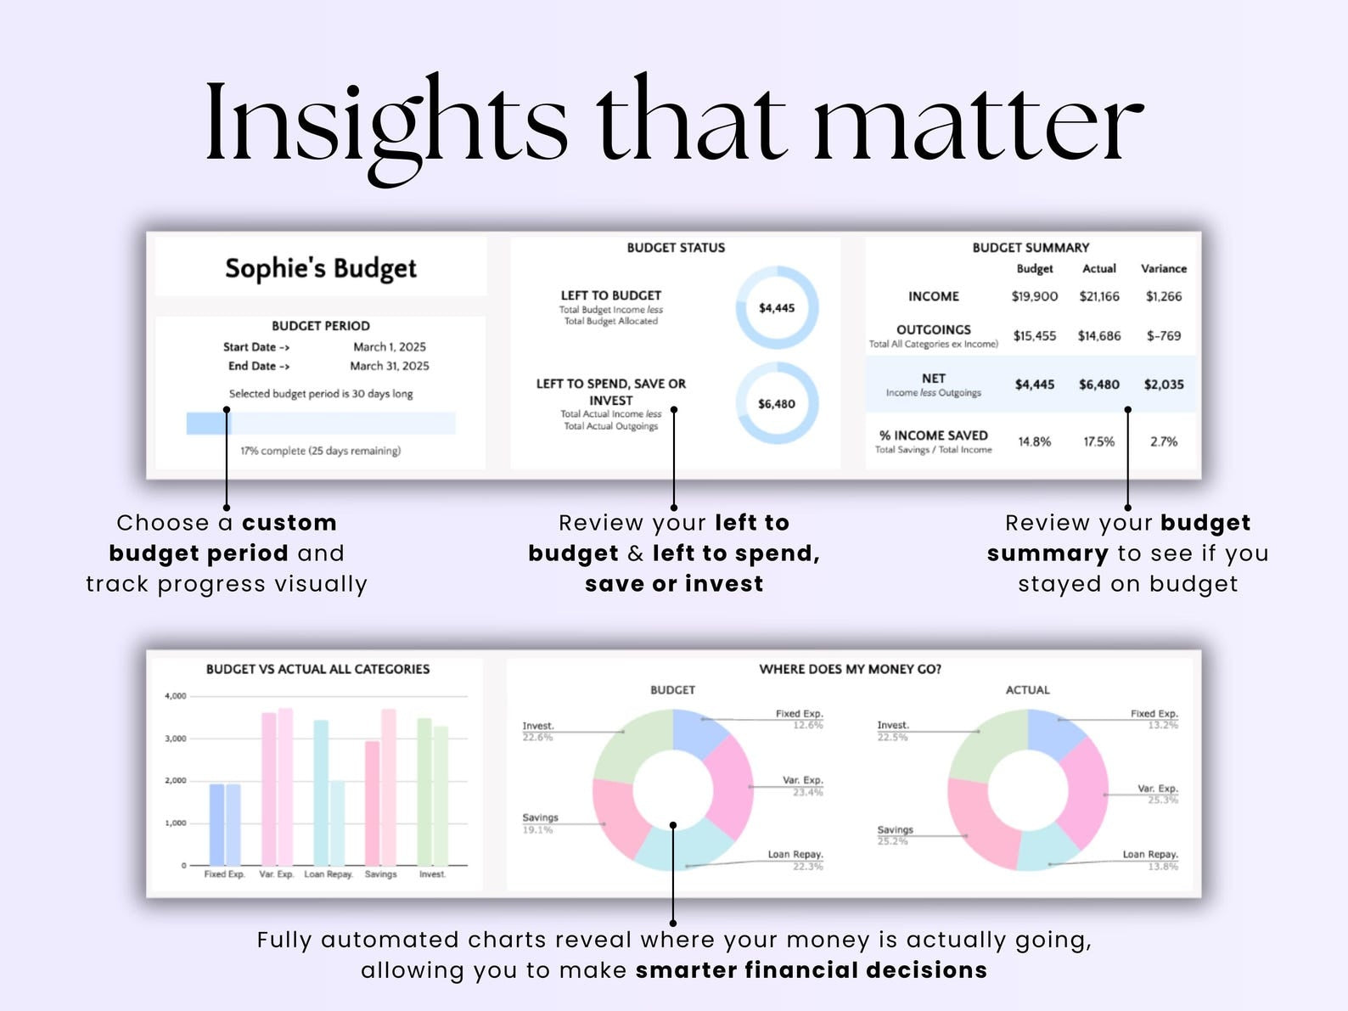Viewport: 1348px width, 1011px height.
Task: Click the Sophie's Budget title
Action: tap(321, 269)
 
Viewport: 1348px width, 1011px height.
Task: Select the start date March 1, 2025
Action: tap(390, 347)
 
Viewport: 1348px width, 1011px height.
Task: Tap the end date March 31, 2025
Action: tap(390, 366)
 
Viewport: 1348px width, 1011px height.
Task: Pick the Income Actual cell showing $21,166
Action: tap(1099, 296)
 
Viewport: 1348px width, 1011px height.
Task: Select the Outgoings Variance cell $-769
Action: tap(1164, 336)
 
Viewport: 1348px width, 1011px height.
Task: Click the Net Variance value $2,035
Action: tap(1164, 385)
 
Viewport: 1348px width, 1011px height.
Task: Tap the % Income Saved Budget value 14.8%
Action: tap(1034, 441)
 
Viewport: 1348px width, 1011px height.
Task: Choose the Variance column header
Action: tap(1164, 268)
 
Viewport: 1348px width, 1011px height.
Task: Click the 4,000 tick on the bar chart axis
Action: tap(175, 696)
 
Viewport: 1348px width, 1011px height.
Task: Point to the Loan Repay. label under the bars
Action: tap(329, 874)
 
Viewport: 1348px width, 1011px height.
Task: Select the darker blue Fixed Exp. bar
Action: tap(216, 824)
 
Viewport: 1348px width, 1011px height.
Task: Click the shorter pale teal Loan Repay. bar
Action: tap(337, 823)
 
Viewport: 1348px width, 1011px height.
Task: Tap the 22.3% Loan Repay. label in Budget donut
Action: tap(807, 866)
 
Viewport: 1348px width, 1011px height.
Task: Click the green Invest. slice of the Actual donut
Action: tap(985, 744)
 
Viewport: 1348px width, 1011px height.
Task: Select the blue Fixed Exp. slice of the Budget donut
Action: tap(698, 730)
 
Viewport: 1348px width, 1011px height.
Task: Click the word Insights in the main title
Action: tap(385, 123)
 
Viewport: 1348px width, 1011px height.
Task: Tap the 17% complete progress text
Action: tap(320, 452)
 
